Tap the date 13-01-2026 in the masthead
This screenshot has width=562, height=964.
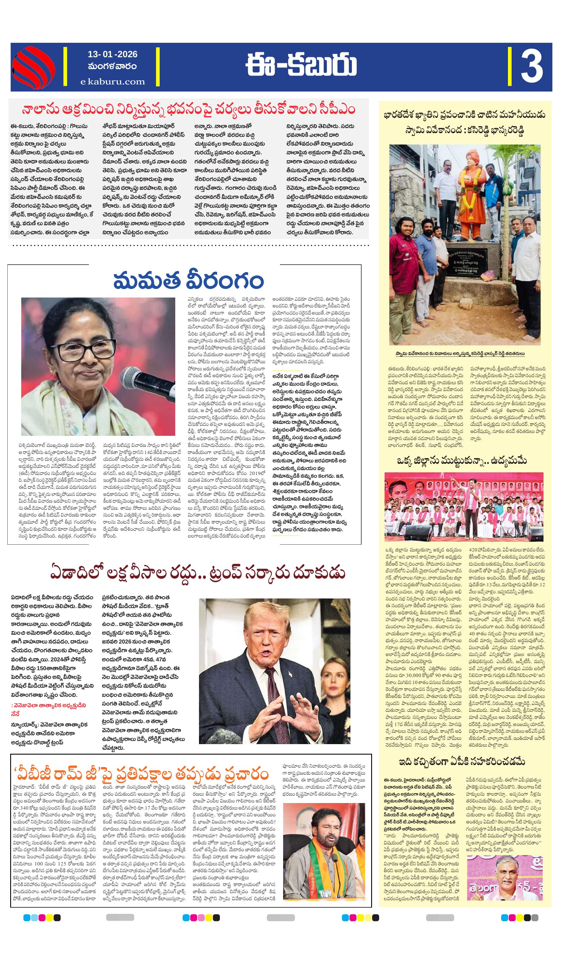(112, 54)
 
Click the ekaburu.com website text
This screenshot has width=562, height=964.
(112, 82)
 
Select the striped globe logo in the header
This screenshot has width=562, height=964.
(34, 67)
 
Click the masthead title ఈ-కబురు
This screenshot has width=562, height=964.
(301, 66)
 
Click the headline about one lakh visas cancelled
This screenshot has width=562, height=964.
(198, 573)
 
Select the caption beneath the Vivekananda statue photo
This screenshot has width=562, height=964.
(460, 354)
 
